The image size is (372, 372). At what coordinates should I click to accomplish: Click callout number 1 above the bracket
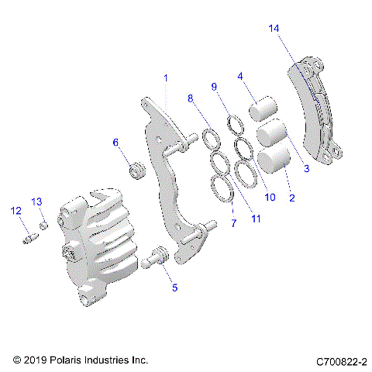coord(165,78)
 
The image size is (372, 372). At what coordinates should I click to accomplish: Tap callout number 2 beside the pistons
coord(292,198)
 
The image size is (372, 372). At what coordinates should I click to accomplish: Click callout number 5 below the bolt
coord(174,288)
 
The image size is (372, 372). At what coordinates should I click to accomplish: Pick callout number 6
coord(116,143)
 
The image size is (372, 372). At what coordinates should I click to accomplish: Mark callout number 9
coord(215,86)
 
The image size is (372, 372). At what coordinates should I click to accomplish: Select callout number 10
coord(270,197)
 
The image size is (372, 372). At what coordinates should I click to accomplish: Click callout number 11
coord(256,219)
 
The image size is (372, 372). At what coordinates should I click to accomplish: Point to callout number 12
coord(15,210)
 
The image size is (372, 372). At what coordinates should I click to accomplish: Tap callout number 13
coord(36,201)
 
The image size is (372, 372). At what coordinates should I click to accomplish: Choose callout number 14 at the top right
coord(274,29)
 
